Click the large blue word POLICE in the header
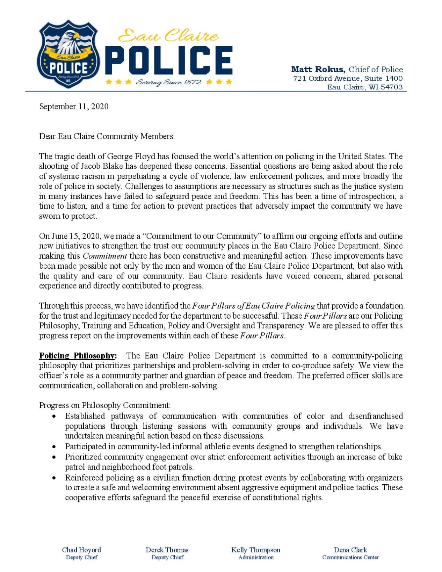[168, 61]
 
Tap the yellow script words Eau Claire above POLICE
[168, 36]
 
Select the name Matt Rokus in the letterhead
[318, 69]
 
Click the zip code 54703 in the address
[391, 87]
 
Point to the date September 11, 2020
[74, 107]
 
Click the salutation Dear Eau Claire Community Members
[107, 136]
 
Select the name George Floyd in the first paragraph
[131, 156]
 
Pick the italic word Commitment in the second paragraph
[105, 256]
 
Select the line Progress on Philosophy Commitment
[105, 405]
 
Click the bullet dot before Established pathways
[54, 417]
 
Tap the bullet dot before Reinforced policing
[54, 478]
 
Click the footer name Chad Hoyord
[81, 550]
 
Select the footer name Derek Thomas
[167, 550]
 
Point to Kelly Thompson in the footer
[255, 550]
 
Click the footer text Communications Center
[350, 557]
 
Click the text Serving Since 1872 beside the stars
[168, 82]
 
